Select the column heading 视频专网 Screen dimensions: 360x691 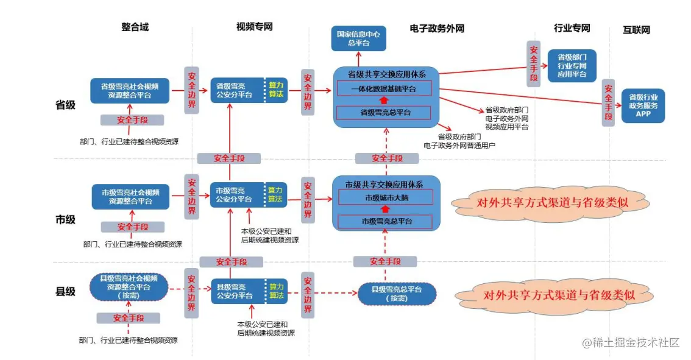tap(254, 27)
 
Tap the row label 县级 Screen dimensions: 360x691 tap(65, 291)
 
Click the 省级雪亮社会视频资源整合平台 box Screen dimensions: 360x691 tap(130, 91)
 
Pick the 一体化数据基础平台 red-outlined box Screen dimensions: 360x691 tap(384, 88)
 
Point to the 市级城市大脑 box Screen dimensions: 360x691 tap(384, 197)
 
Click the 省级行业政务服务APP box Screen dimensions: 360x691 tap(643, 105)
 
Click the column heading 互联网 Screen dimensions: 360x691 tap(636, 29)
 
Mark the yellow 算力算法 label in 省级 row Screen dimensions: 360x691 tap(276, 90)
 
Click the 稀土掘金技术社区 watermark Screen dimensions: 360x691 tap(630, 343)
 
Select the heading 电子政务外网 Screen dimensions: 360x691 tap(437, 28)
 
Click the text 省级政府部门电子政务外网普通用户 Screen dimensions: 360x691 tap(460, 141)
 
